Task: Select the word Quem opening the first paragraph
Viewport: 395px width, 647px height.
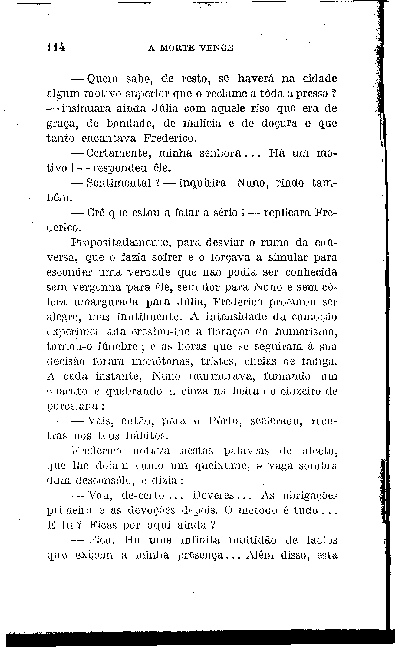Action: pos(103,79)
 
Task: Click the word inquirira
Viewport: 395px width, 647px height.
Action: pos(202,183)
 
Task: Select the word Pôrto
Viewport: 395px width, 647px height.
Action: pos(225,421)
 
